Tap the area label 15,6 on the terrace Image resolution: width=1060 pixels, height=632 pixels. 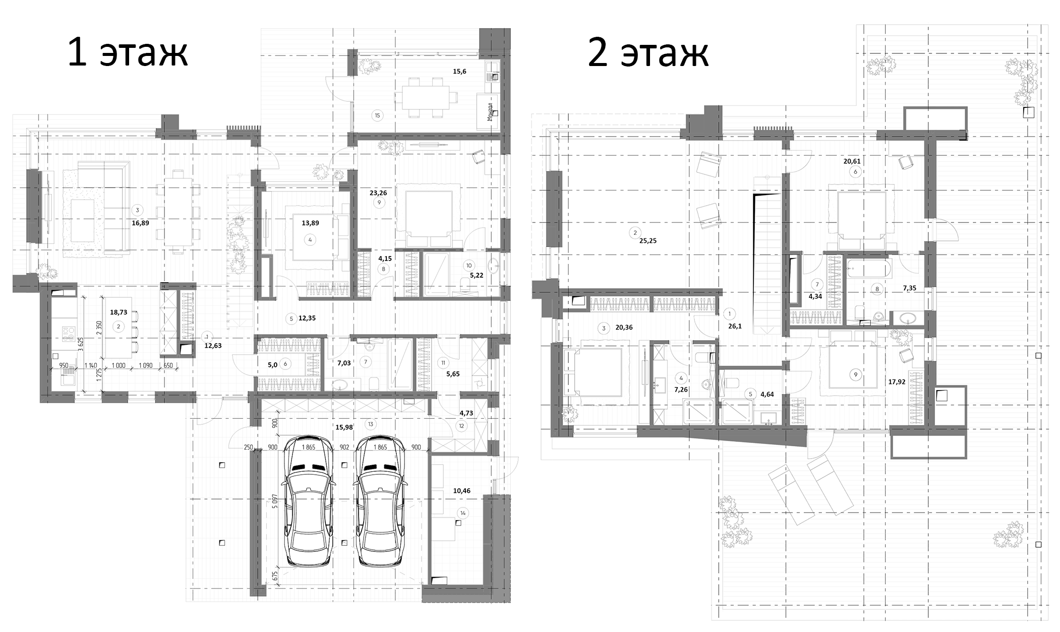point(459,72)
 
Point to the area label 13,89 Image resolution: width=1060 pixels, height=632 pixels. point(310,223)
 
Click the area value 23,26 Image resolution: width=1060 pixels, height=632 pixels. point(378,192)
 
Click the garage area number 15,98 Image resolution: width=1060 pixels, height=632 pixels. point(344,427)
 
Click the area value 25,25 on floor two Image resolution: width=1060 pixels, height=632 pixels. point(648,241)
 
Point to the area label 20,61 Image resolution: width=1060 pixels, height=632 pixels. point(852,161)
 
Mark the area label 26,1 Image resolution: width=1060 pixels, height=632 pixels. point(732,326)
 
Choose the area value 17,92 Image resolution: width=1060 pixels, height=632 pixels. point(897,382)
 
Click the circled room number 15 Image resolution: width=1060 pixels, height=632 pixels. point(377,115)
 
